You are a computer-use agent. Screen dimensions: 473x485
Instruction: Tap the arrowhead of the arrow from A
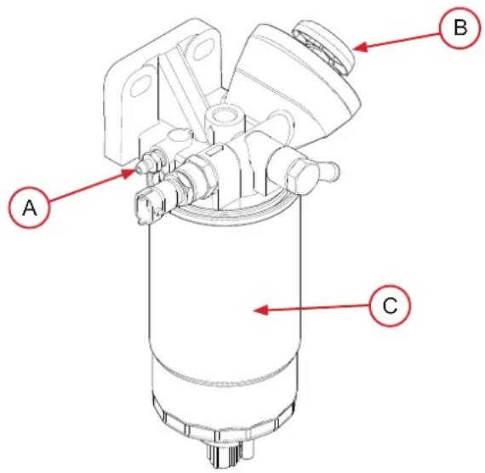coord(129,172)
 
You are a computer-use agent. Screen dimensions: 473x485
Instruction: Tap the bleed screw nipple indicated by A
coord(142,162)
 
